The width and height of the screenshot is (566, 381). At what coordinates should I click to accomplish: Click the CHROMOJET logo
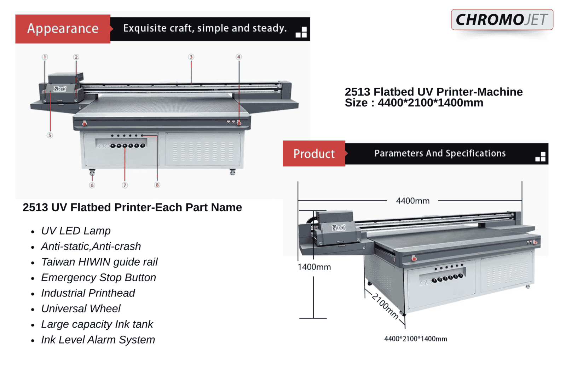point(502,20)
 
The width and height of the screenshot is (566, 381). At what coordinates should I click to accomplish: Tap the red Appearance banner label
point(63,29)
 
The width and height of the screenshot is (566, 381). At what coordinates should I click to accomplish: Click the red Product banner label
point(314,154)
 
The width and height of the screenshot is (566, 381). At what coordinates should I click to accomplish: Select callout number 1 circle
point(45,57)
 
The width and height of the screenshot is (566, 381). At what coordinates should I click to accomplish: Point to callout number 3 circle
point(191,57)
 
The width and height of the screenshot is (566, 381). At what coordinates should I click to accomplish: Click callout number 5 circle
point(50,135)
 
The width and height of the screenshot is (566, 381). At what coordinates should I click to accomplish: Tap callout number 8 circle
point(157,185)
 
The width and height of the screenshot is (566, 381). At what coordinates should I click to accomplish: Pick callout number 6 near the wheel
point(92,185)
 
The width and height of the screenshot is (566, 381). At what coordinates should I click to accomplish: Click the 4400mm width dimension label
point(412,201)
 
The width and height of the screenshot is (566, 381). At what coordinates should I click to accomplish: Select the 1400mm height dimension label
point(314,267)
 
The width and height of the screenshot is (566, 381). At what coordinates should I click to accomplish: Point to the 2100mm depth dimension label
point(385,306)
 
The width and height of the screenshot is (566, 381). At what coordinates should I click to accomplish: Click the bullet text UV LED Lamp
point(76,231)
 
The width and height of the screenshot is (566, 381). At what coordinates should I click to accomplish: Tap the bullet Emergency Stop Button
point(98,277)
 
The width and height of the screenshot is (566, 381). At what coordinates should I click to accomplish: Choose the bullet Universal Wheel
point(81,308)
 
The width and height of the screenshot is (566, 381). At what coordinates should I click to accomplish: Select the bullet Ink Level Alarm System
point(98,340)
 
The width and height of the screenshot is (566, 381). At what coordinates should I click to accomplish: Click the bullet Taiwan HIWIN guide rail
point(99,262)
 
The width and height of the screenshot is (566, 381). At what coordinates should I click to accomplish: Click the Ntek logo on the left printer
point(59,88)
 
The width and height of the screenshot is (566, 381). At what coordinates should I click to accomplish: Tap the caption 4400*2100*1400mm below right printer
point(416,339)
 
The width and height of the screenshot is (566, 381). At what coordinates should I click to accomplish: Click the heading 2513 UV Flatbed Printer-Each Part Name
point(132,207)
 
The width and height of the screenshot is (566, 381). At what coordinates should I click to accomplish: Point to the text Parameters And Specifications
point(440,154)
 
